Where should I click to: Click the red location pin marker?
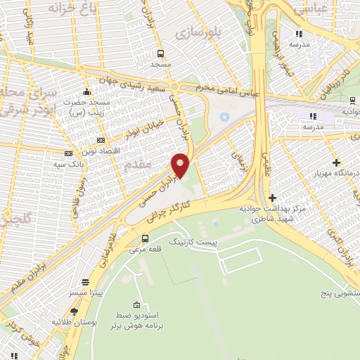181,165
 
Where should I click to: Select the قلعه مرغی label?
146,248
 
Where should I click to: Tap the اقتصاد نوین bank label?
100,152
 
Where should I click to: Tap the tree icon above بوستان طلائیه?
75,311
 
